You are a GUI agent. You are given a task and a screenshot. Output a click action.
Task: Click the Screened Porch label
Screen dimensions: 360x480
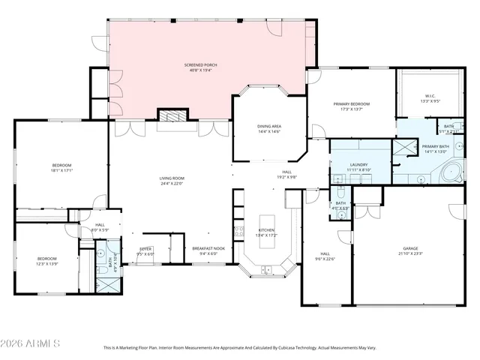[200, 66]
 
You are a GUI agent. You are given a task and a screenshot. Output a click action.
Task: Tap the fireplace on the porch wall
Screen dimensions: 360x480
[171, 115]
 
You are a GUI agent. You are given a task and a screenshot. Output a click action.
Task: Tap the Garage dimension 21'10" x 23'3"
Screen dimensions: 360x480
[409, 253]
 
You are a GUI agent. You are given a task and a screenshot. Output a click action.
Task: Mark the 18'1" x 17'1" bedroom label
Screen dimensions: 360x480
[61, 167]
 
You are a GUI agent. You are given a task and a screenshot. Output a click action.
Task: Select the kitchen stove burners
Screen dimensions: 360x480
[239, 232]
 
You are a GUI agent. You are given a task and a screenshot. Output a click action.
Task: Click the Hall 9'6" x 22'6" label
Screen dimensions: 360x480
[325, 256]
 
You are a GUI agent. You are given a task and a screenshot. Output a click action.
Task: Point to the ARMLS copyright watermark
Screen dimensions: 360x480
[31, 343]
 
